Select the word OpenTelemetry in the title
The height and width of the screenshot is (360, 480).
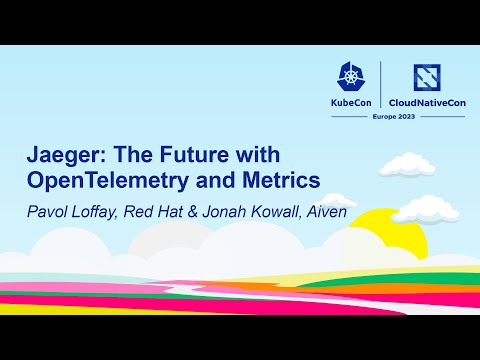[x=106, y=180]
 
